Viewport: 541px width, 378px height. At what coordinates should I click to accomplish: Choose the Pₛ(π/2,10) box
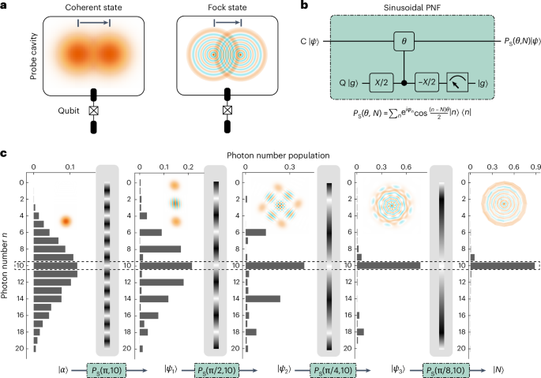(217, 369)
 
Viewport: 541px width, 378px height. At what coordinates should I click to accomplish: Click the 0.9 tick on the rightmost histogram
(535, 167)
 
